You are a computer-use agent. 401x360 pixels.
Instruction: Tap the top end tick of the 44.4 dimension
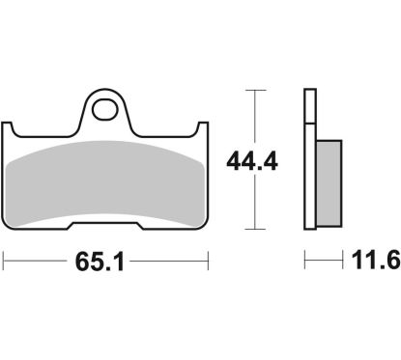253,90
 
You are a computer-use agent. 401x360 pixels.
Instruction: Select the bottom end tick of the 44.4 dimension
253,231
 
